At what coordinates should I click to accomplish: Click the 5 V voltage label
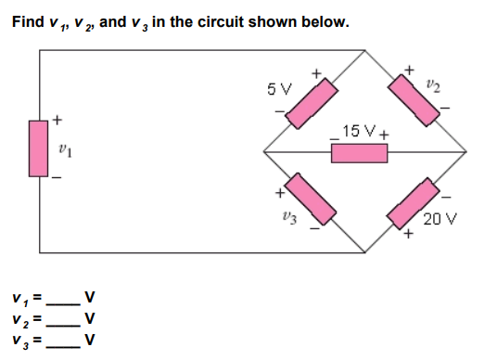coord(277,91)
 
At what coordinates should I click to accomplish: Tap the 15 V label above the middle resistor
coord(359,132)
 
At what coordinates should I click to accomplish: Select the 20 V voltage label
coord(435,219)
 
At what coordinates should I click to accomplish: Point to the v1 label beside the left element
coord(63,148)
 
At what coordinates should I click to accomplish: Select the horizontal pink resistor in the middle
coord(359,151)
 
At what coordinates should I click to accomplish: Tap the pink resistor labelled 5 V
coord(311,102)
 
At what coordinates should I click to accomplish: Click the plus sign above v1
coord(57,120)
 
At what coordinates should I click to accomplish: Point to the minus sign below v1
coord(57,178)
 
